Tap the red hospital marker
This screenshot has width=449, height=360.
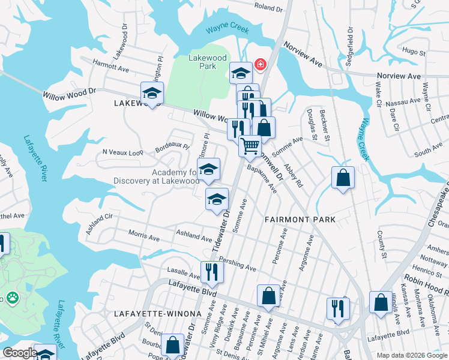261,64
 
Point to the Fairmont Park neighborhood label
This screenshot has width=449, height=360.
300,220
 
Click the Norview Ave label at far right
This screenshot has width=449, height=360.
399,76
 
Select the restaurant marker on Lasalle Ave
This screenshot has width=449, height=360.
212,272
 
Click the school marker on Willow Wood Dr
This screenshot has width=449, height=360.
152,94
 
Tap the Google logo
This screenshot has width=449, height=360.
20,353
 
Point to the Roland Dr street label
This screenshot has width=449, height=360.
268,7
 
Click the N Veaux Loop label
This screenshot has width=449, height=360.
123,152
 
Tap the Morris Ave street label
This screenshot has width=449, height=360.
145,237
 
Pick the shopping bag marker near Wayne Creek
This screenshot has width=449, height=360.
343,178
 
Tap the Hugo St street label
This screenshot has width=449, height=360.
411,52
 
